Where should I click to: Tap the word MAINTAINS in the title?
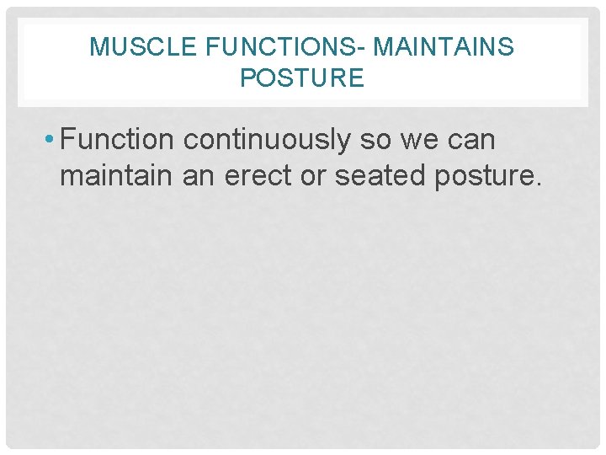[x=443, y=47]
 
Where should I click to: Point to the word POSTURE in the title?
[x=302, y=78]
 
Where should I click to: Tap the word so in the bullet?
[x=376, y=140]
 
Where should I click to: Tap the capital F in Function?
[x=69, y=140]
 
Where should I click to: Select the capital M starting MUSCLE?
[x=98, y=47]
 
